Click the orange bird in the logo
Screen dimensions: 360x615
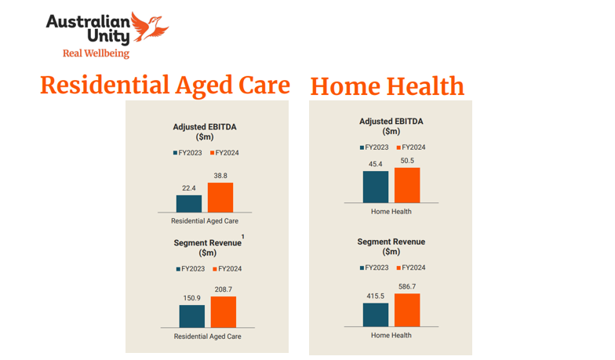pyautogui.click(x=151, y=27)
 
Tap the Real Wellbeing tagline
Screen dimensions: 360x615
pyautogui.click(x=96, y=53)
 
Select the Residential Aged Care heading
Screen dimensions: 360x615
pyautogui.click(x=165, y=85)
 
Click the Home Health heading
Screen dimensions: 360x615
pyautogui.click(x=387, y=85)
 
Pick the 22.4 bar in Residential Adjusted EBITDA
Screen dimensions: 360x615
pyautogui.click(x=188, y=203)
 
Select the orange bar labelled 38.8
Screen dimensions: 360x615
pyautogui.click(x=220, y=197)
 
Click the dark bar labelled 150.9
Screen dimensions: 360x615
pyautogui.click(x=191, y=316)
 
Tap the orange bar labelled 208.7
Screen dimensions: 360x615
pyautogui.click(x=224, y=311)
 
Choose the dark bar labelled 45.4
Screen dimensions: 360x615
pyautogui.click(x=375, y=187)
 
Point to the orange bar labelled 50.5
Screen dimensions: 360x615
pyautogui.click(x=407, y=185)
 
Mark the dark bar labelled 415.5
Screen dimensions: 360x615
pyautogui.click(x=375, y=314)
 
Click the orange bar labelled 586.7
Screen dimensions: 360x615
pyautogui.click(x=407, y=309)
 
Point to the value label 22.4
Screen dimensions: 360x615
pyautogui.click(x=188, y=188)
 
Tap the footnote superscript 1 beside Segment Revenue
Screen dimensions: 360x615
pyautogui.click(x=243, y=236)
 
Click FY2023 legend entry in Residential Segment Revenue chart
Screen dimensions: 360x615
pyautogui.click(x=191, y=268)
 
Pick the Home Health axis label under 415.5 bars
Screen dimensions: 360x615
pyautogui.click(x=391, y=335)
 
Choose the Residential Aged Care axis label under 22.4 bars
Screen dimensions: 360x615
pyautogui.click(x=204, y=221)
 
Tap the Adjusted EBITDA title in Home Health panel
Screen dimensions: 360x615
pyautogui.click(x=391, y=122)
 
